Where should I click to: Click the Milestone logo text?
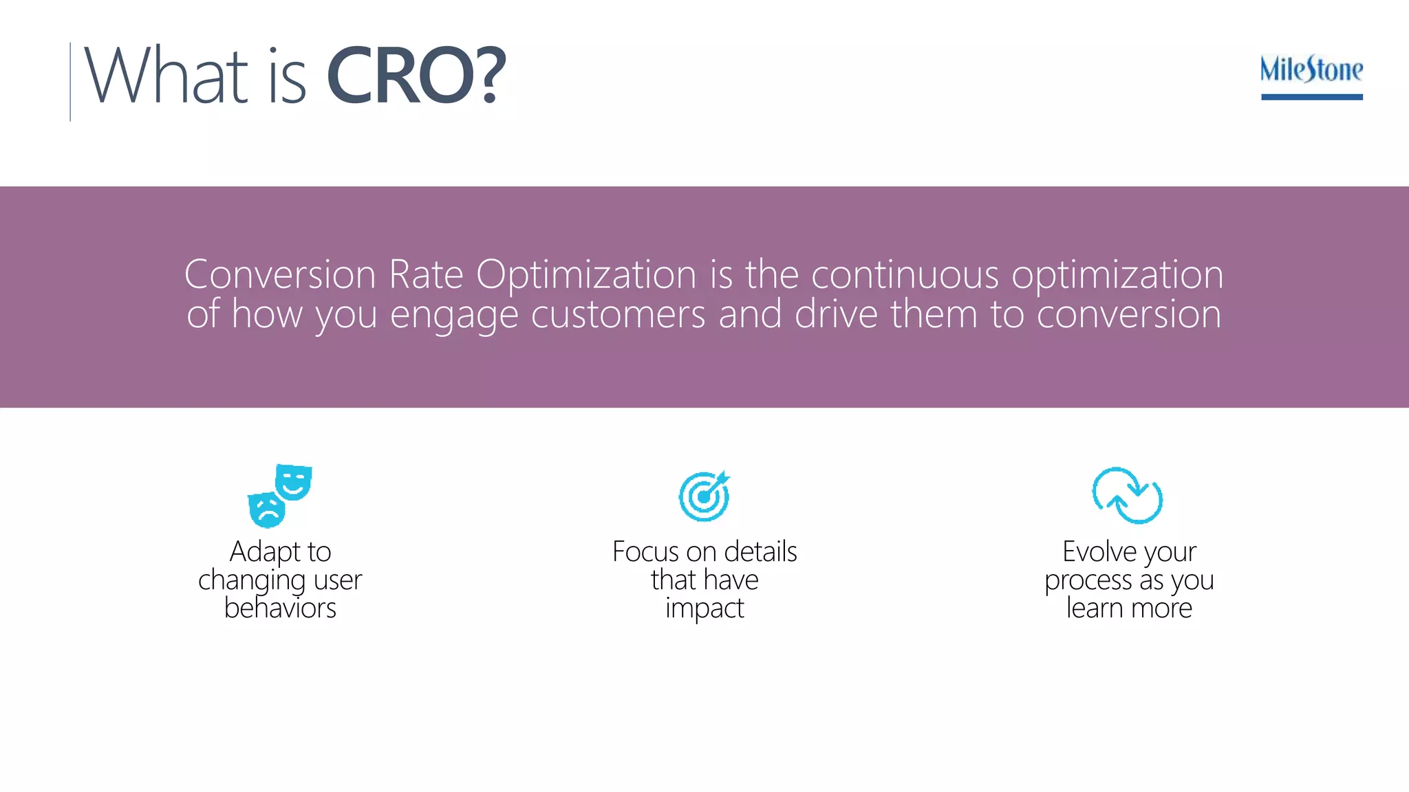(x=1311, y=69)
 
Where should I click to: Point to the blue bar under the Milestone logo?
(x=1311, y=97)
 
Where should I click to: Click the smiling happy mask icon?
(x=294, y=481)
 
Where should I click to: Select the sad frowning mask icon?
(x=266, y=510)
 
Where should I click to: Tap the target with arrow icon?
(x=704, y=496)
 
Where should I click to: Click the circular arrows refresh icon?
(x=1127, y=496)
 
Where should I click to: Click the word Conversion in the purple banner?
(x=279, y=274)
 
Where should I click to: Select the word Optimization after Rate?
(x=585, y=274)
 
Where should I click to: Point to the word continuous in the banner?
(x=904, y=274)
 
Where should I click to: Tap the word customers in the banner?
(x=618, y=314)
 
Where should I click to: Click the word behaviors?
(x=280, y=608)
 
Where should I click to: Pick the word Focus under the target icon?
(x=645, y=551)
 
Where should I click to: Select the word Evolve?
(x=1099, y=551)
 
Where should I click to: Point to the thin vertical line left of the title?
(x=70, y=81)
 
